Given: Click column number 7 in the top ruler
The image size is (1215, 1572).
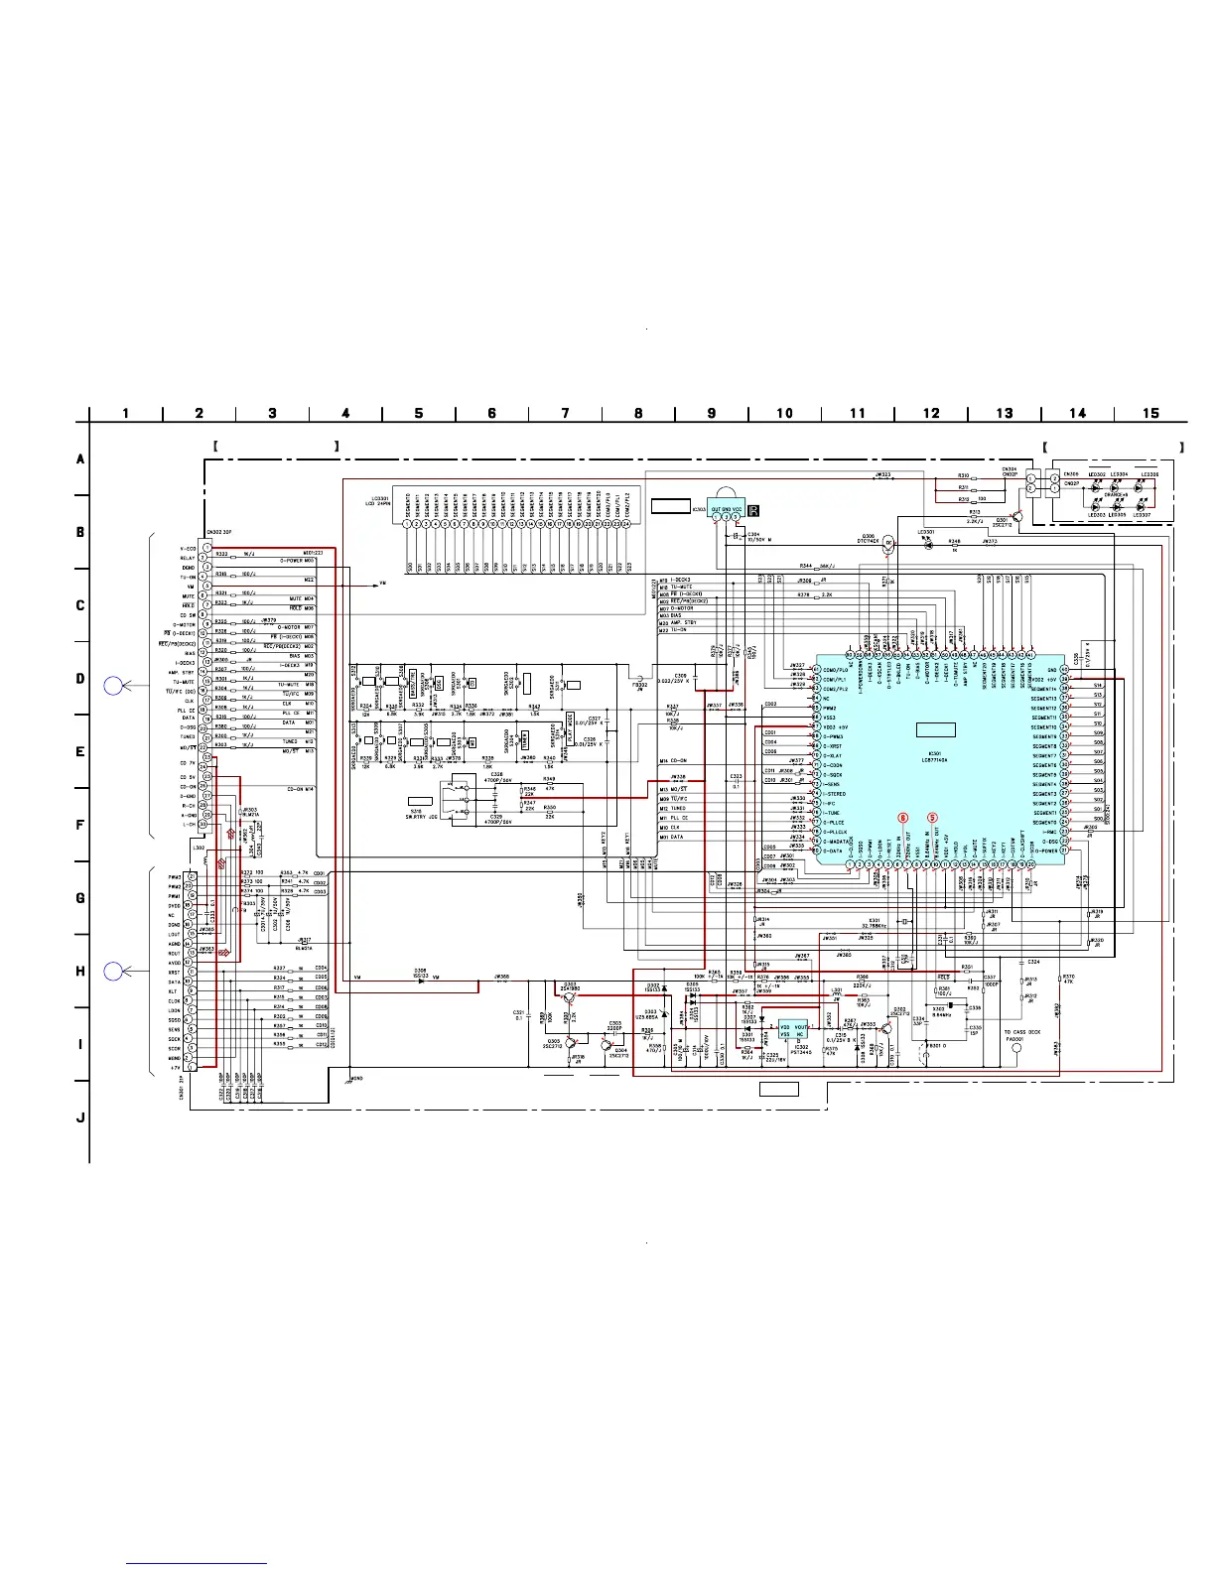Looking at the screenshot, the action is tap(565, 413).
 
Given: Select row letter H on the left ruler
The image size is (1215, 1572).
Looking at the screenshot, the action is tap(80, 971).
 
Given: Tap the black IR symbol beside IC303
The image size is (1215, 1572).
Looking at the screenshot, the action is tap(752, 510).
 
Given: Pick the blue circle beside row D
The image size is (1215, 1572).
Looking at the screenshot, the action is tap(114, 685).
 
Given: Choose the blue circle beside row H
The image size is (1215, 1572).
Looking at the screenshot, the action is tap(114, 971).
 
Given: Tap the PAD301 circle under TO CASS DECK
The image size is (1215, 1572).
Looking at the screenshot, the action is tap(1015, 1048).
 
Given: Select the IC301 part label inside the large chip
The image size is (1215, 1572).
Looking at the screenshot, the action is tap(934, 756).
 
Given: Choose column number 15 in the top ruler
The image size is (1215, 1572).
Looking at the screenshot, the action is tap(1150, 413).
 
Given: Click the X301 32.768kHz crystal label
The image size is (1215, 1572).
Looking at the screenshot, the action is tap(874, 924).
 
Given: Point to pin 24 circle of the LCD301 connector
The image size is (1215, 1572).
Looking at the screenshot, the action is tap(626, 494).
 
